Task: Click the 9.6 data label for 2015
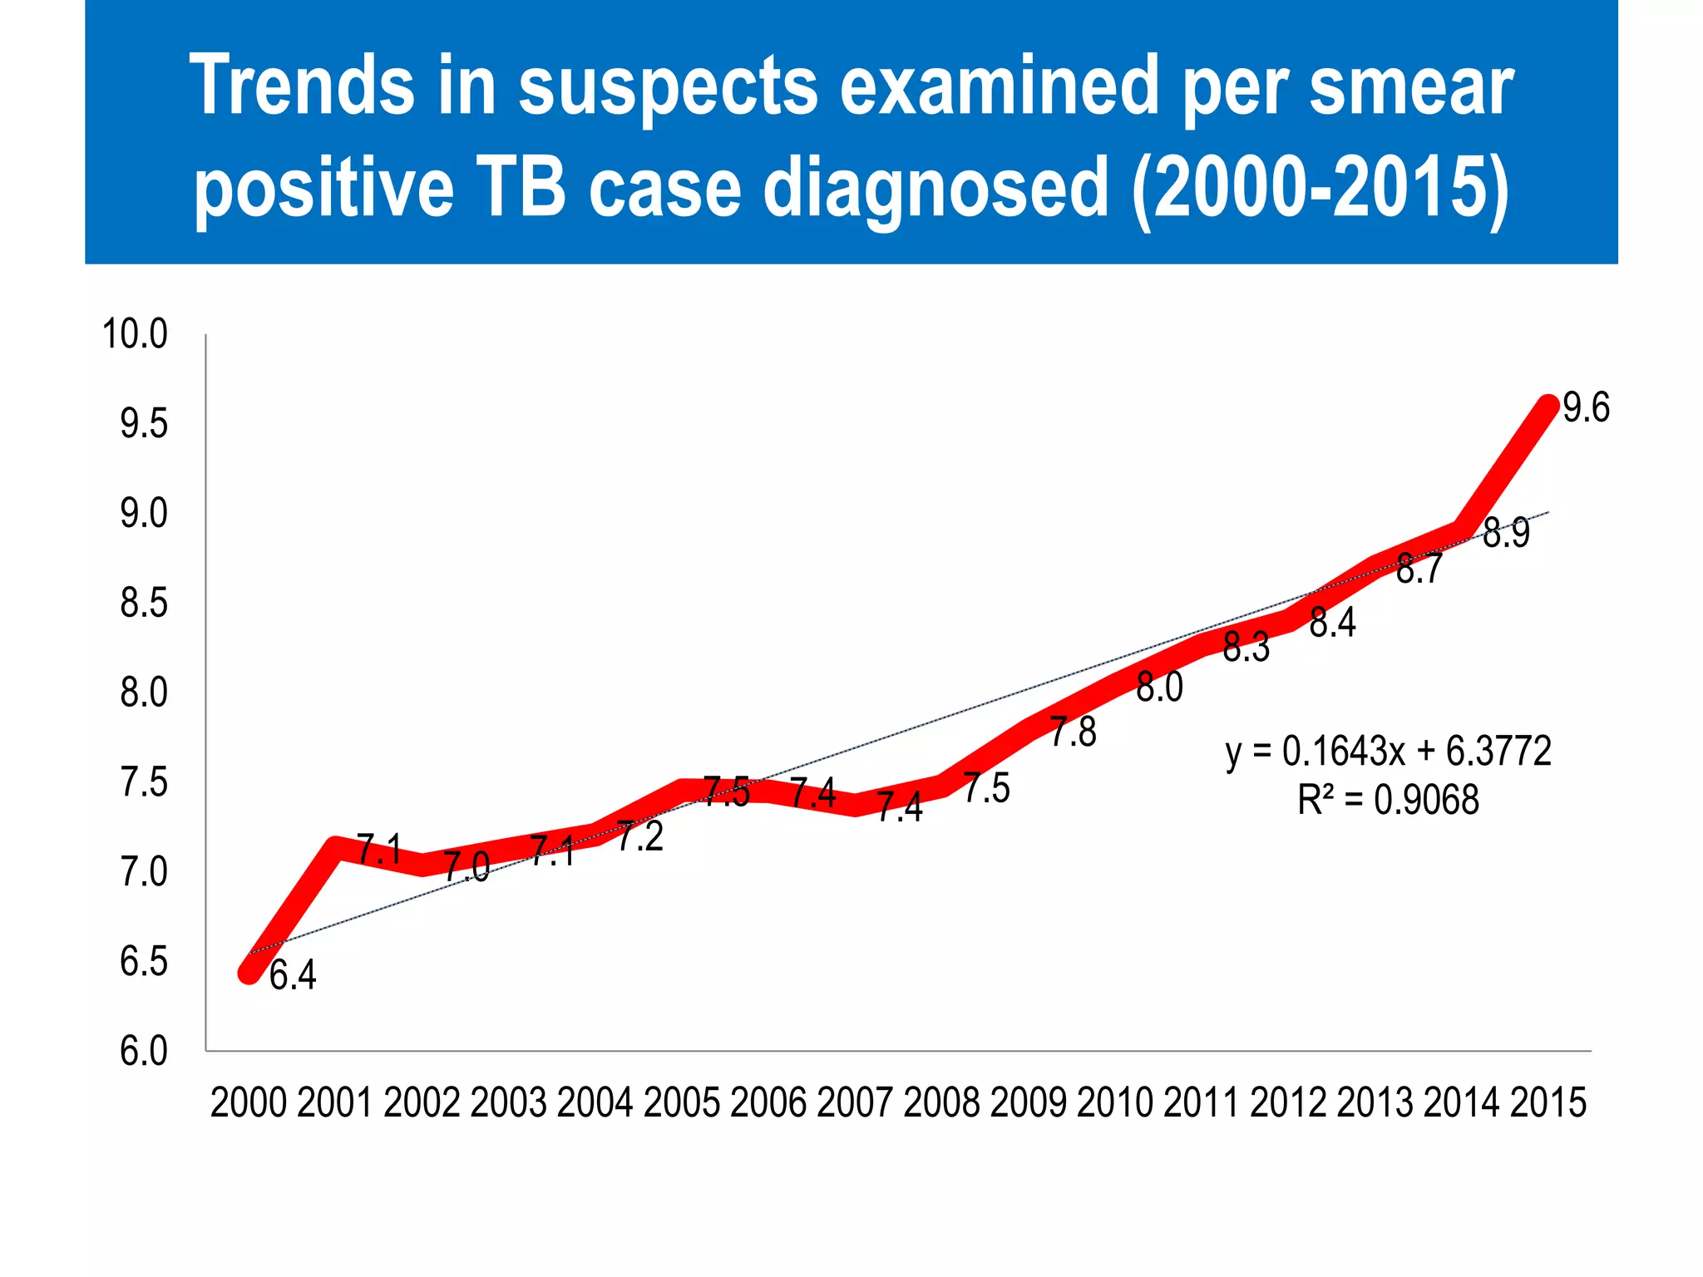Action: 1586,407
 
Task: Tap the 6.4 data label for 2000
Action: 293,975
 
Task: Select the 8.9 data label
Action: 1506,533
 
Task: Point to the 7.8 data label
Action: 1073,732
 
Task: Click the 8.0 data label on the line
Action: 1159,688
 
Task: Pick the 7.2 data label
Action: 640,836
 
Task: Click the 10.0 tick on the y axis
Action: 135,334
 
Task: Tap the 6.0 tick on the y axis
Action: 144,1052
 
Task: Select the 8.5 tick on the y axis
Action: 144,604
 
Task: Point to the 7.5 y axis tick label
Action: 144,783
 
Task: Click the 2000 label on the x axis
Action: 249,1103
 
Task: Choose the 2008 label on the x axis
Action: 941,1103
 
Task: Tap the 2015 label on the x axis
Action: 1548,1103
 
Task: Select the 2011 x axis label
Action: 1202,1103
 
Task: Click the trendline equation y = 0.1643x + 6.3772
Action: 1388,752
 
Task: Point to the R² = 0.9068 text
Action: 1388,801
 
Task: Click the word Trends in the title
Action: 302,85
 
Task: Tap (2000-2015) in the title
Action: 1320,187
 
